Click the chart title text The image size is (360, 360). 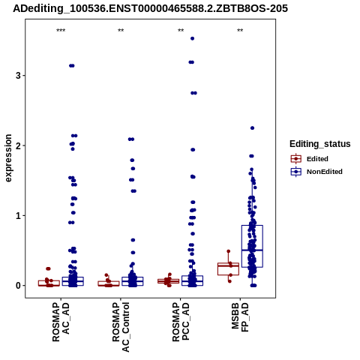[x=150, y=8]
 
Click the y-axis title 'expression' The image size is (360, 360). [x=8, y=158]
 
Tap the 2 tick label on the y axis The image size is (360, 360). [x=18, y=145]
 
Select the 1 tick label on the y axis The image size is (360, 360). [x=18, y=215]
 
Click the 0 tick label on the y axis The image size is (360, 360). [x=18, y=286]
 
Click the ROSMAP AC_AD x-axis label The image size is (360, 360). [x=61, y=322]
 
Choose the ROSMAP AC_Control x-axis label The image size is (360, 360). [x=121, y=327]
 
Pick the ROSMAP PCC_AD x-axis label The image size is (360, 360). [x=181, y=322]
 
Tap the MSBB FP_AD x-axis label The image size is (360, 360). [x=240, y=317]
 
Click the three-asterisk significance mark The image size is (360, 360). [x=61, y=31]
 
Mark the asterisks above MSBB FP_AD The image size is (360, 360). [x=240, y=31]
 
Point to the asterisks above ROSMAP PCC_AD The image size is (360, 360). [x=181, y=31]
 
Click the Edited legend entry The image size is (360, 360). [x=309, y=159]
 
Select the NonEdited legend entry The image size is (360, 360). [x=316, y=172]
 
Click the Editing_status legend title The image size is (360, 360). [x=320, y=144]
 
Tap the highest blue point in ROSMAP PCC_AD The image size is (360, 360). [x=192, y=38]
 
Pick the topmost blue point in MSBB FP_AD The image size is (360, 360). [x=252, y=128]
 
